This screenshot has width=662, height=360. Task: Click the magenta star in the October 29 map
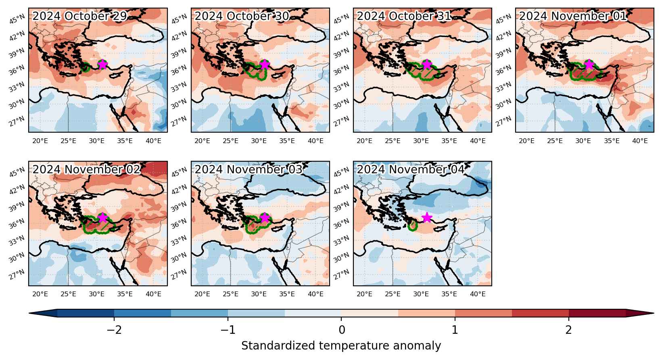(102, 64)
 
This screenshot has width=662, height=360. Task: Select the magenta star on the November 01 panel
(589, 64)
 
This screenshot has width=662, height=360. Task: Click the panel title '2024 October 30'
(242, 16)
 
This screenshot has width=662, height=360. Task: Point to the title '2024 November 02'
(86, 169)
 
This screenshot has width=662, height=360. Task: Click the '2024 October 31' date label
(404, 16)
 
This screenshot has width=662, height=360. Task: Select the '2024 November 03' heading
(249, 169)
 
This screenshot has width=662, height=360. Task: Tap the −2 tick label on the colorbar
(114, 330)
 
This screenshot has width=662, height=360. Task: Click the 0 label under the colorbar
(341, 330)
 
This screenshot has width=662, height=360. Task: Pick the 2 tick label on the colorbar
(569, 330)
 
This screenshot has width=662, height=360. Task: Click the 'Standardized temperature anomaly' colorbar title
(341, 345)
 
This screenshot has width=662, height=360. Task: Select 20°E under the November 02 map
(40, 294)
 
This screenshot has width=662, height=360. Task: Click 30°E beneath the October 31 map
(421, 141)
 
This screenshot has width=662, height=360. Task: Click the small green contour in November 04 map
(412, 226)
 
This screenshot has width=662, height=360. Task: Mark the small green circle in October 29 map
(86, 67)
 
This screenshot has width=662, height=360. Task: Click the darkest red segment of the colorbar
(597, 313)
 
